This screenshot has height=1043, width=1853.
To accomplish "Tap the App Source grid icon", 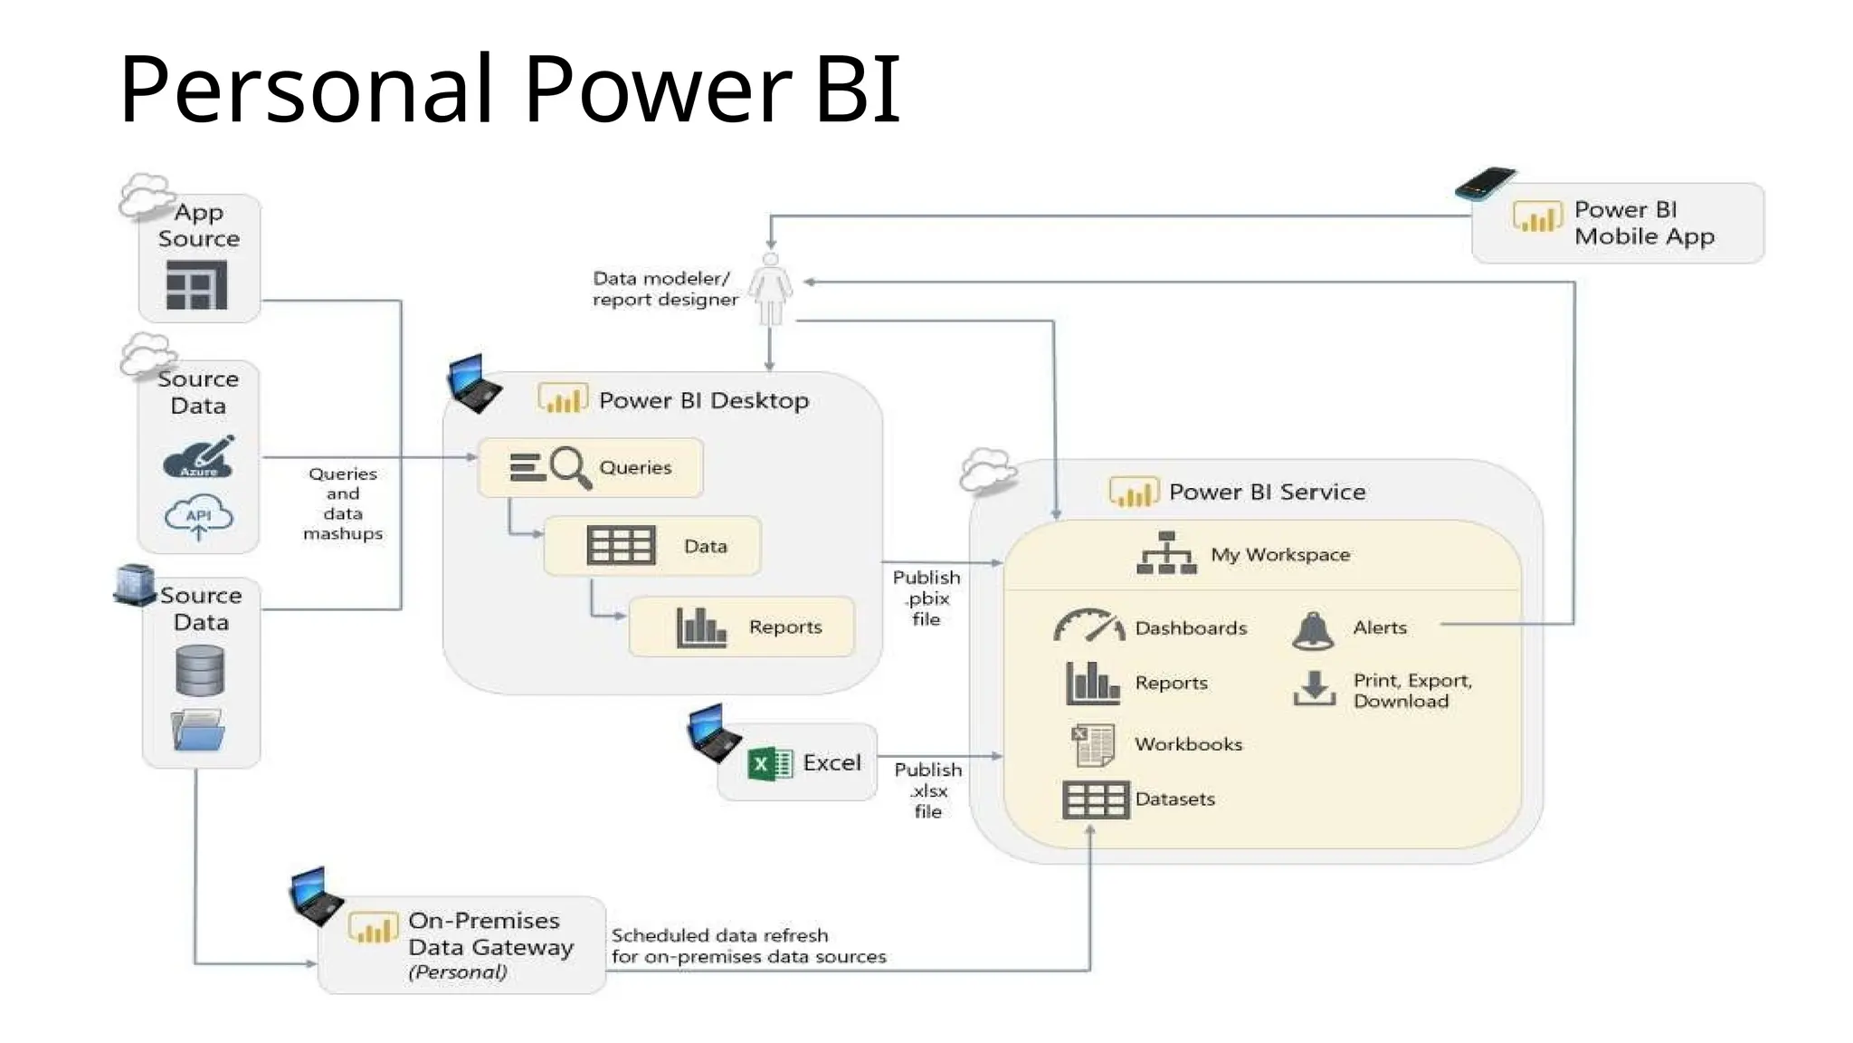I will (196, 285).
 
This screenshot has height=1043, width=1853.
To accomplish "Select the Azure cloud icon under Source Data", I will (199, 458).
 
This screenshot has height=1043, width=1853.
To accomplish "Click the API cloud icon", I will (199, 517).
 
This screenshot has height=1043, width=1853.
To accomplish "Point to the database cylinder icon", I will (200, 671).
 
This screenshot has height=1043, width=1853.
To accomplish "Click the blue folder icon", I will (198, 731).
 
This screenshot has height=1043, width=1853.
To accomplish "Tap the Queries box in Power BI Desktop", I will (591, 467).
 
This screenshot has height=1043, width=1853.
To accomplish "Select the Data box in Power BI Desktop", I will (652, 546).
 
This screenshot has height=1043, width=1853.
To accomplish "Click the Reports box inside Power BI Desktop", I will (741, 627).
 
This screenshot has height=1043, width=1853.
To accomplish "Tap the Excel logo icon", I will (770, 763).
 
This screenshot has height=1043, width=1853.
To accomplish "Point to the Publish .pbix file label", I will (926, 598).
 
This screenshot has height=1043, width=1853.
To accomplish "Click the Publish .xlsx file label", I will (928, 790).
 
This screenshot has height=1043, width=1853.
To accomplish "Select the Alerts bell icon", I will (1313, 630).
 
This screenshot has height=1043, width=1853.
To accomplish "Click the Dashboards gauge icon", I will (1088, 626).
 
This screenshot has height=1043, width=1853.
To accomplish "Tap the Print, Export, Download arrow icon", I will (1314, 688).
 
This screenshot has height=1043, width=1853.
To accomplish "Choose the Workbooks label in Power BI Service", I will (1188, 744).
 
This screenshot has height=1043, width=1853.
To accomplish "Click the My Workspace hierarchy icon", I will (1166, 553).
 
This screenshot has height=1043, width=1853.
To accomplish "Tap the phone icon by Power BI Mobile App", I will (1485, 184).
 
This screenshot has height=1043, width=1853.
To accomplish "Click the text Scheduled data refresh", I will (719, 935).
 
